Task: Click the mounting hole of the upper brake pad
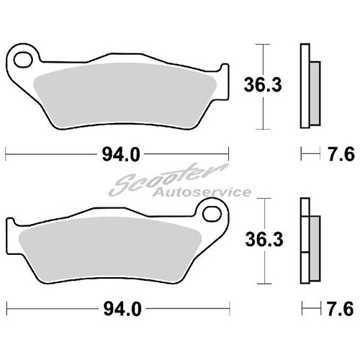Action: (23, 57)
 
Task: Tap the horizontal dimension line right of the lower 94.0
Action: (187, 312)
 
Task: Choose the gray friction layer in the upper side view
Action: (314, 86)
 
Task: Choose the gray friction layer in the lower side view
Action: (314, 244)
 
